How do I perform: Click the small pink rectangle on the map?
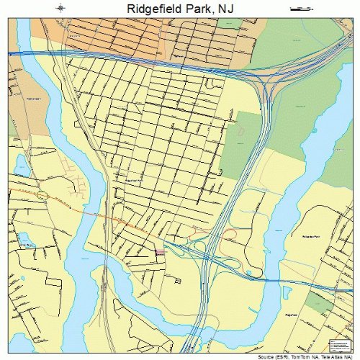point(160,251)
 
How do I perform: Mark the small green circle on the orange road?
point(43,196)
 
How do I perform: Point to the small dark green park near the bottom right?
point(315,302)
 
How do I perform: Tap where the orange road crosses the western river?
point(85,210)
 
